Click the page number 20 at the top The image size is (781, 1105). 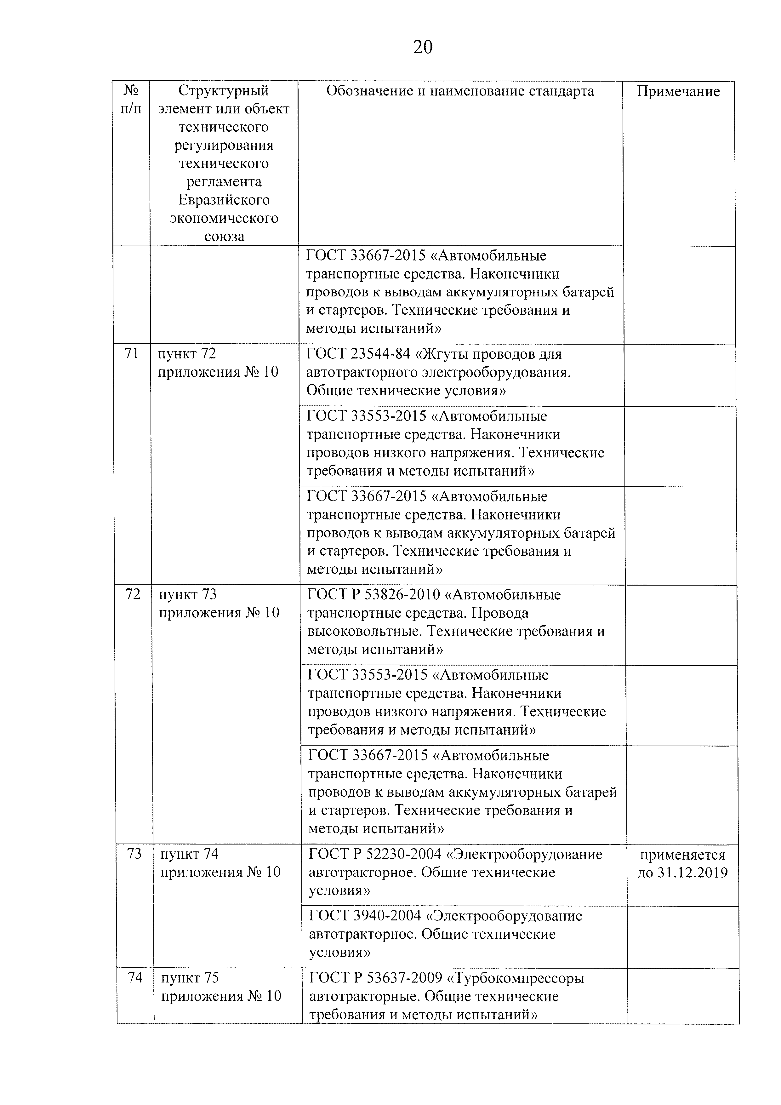point(423,47)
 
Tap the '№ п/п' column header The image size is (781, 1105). point(131,100)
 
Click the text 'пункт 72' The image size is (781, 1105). point(187,354)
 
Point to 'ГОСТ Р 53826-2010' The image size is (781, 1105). point(373,595)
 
